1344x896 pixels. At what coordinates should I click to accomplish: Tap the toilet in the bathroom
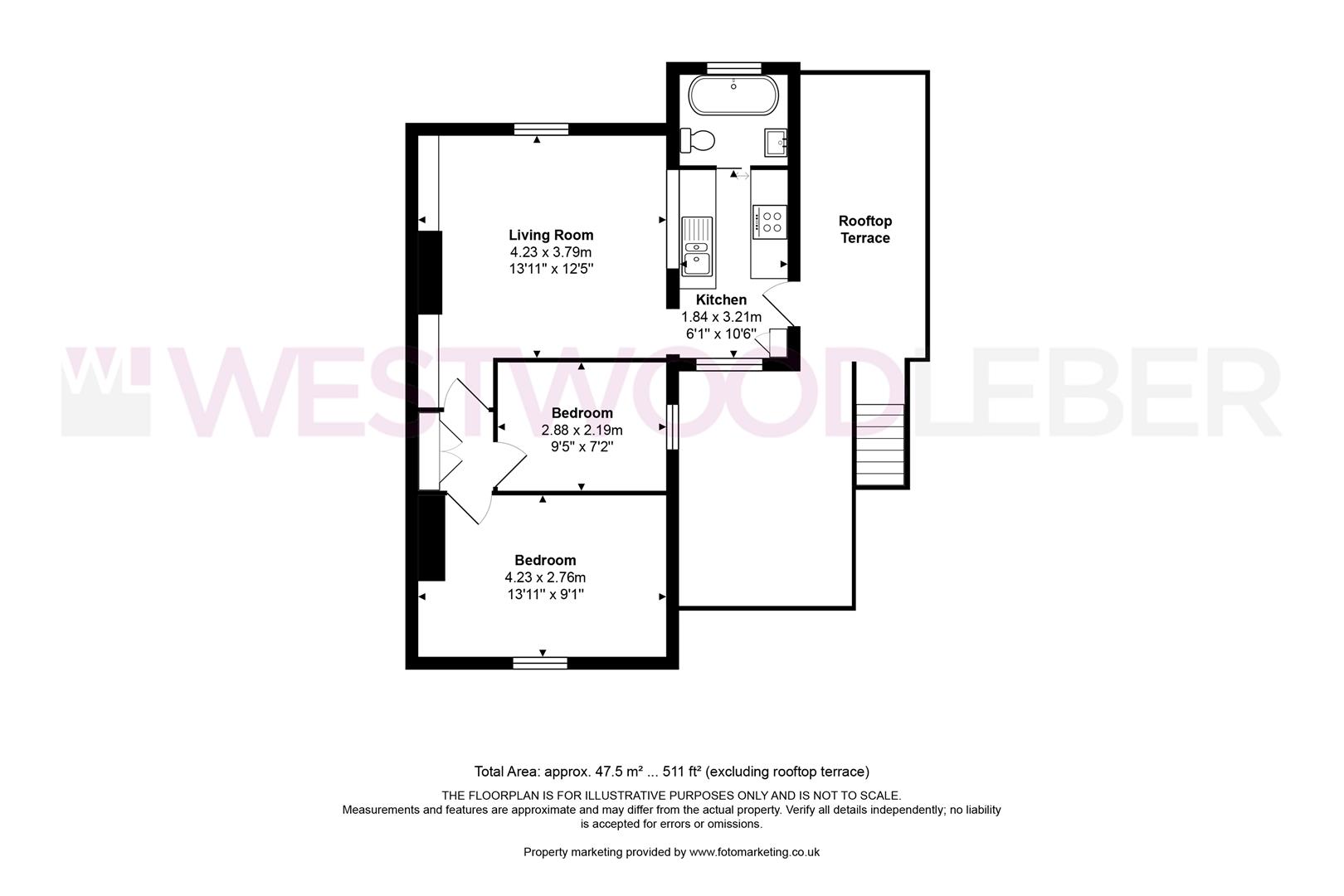click(698, 140)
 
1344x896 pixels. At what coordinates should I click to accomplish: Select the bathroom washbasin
click(776, 143)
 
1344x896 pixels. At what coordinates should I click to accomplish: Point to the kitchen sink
click(697, 246)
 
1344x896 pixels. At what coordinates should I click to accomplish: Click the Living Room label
click(551, 235)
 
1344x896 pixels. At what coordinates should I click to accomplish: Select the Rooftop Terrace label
click(864, 230)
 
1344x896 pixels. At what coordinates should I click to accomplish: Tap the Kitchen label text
click(721, 299)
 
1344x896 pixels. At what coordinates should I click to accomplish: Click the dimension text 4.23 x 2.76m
click(545, 577)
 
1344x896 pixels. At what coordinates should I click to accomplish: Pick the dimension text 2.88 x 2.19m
click(582, 430)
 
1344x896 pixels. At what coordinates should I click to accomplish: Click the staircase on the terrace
click(880, 444)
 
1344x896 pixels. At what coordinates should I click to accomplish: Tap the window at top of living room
click(540, 128)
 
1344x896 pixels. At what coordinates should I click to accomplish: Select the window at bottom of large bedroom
click(540, 662)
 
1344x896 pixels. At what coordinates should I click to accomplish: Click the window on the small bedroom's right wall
click(673, 427)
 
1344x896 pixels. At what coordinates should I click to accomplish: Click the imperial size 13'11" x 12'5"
click(551, 269)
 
